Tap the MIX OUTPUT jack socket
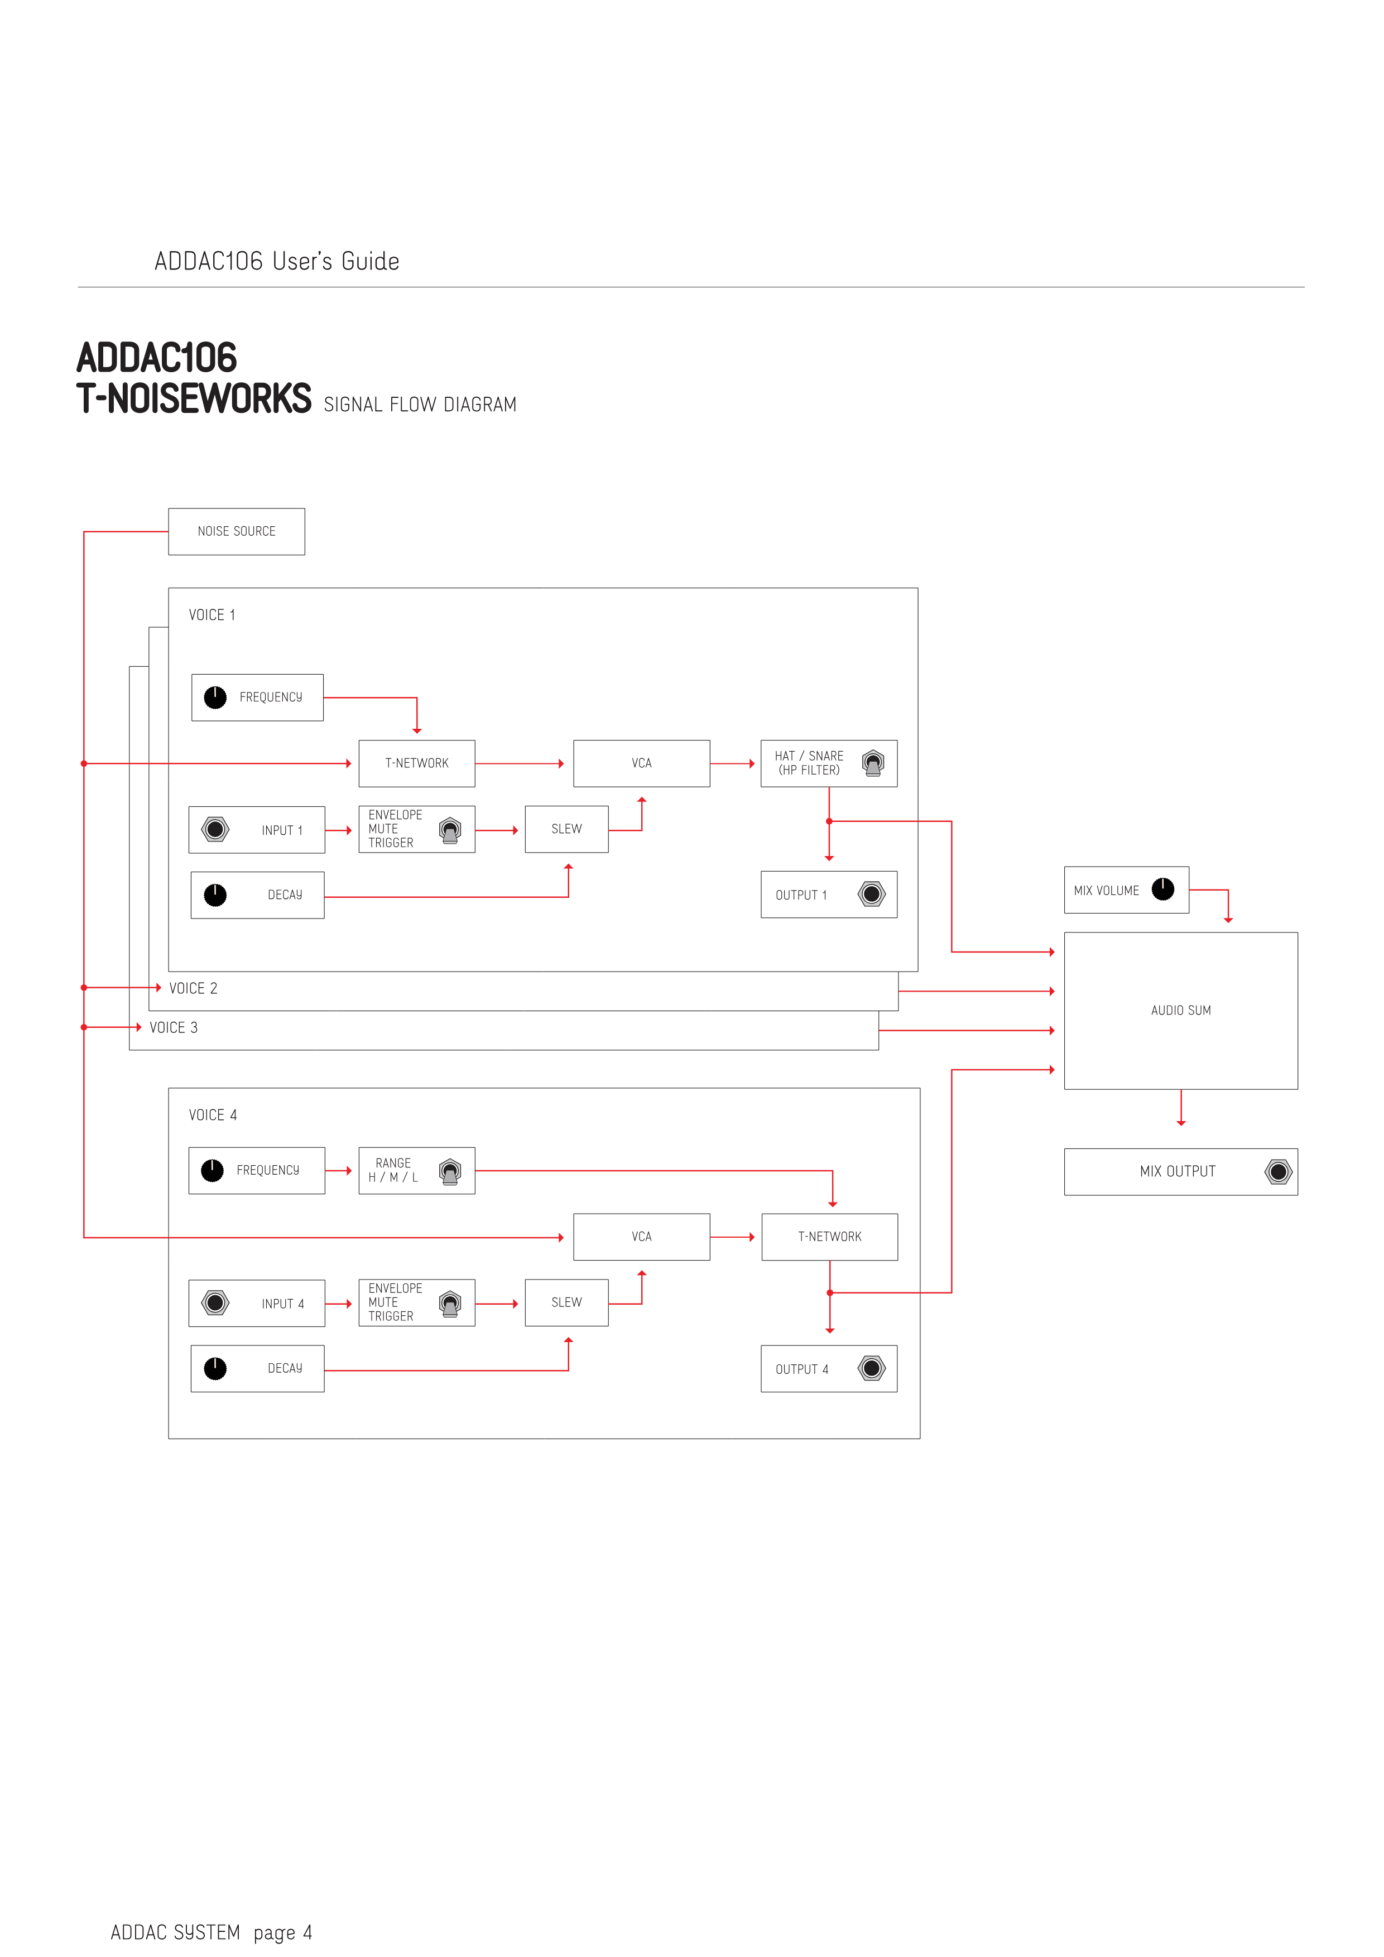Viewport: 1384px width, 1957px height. (x=1279, y=1171)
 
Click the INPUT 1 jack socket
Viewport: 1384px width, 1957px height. (x=215, y=829)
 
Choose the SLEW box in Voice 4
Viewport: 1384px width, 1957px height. (x=567, y=1302)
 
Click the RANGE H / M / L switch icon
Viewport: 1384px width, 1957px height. (x=450, y=1171)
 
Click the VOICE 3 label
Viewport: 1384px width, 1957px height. (x=174, y=1027)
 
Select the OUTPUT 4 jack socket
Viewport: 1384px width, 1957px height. (x=871, y=1368)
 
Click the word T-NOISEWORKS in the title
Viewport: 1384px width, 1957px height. (x=194, y=399)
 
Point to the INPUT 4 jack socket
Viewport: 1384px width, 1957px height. (x=215, y=1302)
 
